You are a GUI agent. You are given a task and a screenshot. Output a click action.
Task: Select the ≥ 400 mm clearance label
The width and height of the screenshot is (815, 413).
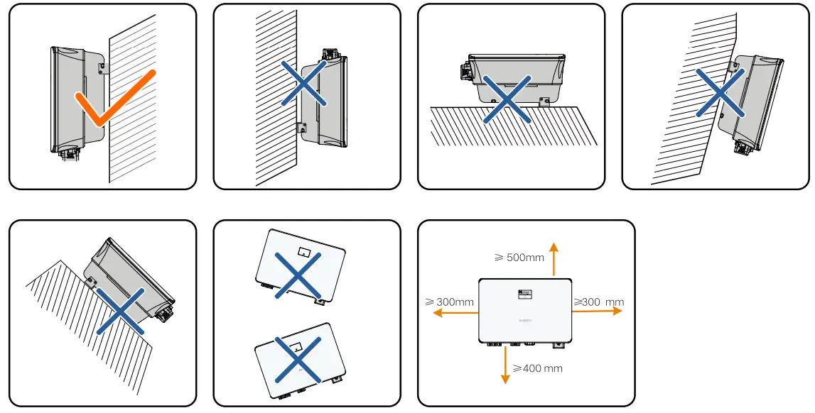coord(537,368)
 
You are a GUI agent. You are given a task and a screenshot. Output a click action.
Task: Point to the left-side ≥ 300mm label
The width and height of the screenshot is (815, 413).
coord(450,302)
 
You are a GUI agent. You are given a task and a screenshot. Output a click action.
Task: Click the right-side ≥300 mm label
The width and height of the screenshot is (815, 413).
coord(598,302)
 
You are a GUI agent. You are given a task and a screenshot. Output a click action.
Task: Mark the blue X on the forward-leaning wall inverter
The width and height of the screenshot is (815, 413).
coord(719,92)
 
